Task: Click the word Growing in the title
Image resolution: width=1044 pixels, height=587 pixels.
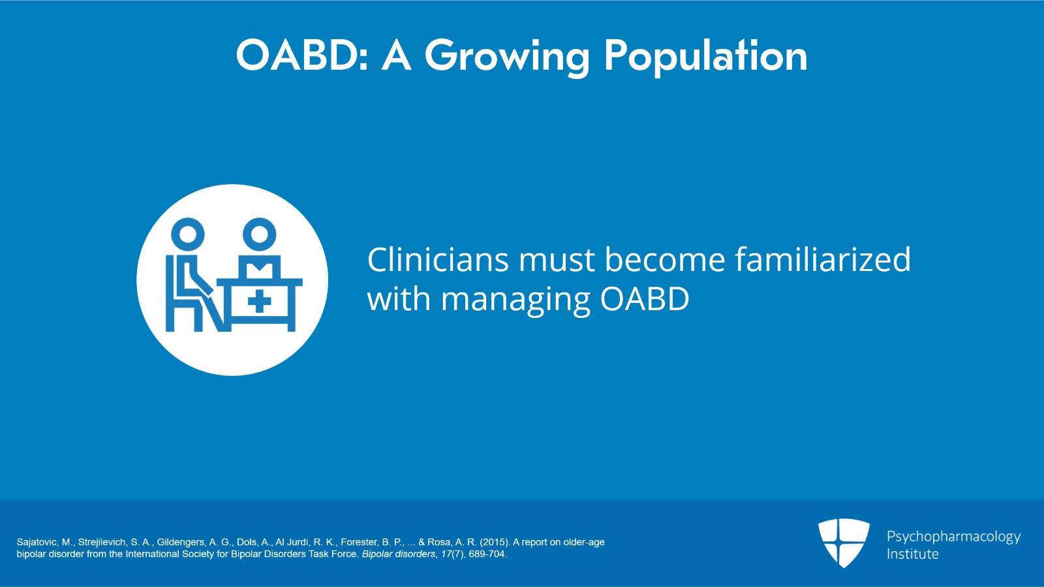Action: tap(507, 56)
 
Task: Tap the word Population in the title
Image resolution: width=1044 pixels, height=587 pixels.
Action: tap(705, 56)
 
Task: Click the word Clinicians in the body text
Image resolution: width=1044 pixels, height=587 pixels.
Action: tap(437, 260)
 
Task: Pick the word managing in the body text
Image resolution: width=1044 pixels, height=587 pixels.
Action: tap(515, 300)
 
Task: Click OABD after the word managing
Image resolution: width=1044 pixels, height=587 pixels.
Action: tap(645, 300)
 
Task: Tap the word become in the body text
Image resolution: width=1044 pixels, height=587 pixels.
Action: tap(665, 260)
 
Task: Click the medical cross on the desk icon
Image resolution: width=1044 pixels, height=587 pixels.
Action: tap(260, 302)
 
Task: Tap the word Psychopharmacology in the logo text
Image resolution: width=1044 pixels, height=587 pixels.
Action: tap(953, 537)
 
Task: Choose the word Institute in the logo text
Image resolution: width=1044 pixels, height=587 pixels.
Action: tap(912, 554)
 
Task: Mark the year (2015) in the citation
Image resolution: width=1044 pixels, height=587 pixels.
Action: tap(495, 542)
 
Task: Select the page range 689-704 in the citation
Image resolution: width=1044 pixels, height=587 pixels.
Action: tap(487, 554)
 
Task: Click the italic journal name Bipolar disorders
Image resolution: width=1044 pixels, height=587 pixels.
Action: tap(398, 554)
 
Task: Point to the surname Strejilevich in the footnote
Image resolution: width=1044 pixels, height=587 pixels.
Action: tap(102, 542)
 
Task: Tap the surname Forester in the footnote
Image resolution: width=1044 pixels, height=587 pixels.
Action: tap(359, 542)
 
